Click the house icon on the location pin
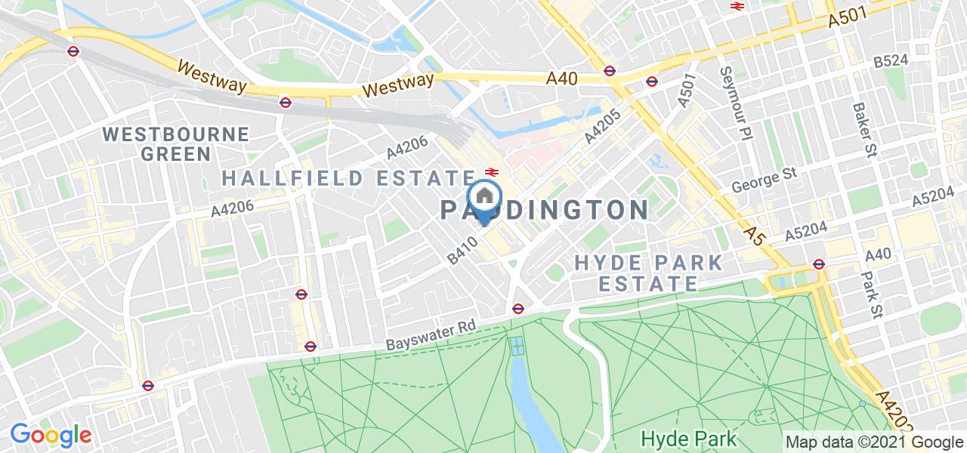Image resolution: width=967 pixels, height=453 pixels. pyautogui.click(x=483, y=197)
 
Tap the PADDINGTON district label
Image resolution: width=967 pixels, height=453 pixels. pyautogui.click(x=543, y=209)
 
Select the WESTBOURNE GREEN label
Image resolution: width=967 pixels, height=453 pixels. pyautogui.click(x=176, y=143)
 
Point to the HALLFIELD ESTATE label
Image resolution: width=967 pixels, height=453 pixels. pyautogui.click(x=348, y=178)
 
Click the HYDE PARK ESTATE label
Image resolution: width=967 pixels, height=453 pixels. pyautogui.click(x=648, y=273)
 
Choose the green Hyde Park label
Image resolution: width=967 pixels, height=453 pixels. pyautogui.click(x=689, y=438)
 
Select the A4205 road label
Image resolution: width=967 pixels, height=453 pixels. pyautogui.click(x=601, y=127)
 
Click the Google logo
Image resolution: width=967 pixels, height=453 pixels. pyautogui.click(x=50, y=435)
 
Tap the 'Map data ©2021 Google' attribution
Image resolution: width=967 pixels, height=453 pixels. pyautogui.click(x=873, y=442)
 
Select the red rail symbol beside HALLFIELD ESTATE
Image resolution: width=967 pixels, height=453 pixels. pyautogui.click(x=490, y=172)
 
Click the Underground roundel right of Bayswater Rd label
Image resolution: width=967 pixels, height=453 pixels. pyautogui.click(x=518, y=308)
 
